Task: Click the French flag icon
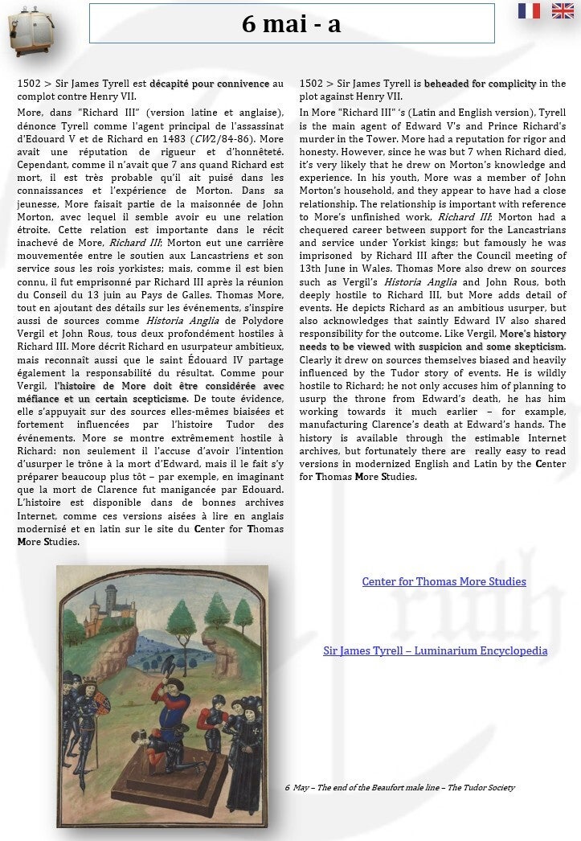pos(529,11)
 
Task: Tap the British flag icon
pos(563,11)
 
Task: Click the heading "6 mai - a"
pos(291,24)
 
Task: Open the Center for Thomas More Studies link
pos(444,581)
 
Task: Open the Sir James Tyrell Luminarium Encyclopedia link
pos(435,650)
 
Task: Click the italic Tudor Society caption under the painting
pos(399,787)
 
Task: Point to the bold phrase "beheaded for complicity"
pos(480,84)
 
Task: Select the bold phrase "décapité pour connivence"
pos(206,84)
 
